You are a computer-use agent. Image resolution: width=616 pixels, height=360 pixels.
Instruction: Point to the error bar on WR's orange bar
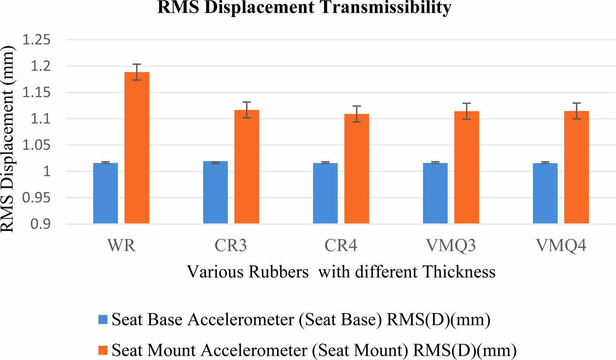point(137,72)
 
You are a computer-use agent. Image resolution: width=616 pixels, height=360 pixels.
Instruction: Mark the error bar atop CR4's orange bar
point(356,114)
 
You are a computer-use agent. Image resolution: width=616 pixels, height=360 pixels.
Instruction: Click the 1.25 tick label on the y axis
point(36,40)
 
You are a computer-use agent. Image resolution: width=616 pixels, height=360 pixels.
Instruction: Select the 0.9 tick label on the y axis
point(40,224)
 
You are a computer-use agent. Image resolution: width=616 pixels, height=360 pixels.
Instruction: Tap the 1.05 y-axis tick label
point(36,145)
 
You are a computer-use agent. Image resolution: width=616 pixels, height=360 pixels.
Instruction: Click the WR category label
point(121,246)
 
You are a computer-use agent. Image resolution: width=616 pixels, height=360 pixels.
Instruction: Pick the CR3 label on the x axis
point(231,246)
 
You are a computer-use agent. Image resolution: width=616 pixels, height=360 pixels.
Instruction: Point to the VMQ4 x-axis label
point(561,246)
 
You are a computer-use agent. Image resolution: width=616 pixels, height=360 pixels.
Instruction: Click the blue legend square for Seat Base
point(103,319)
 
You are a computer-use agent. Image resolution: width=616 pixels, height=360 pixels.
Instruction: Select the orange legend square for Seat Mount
point(103,350)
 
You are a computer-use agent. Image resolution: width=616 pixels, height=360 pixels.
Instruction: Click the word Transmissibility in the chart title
point(385,7)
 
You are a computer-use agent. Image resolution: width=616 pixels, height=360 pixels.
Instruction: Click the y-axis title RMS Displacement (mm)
point(8,139)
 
